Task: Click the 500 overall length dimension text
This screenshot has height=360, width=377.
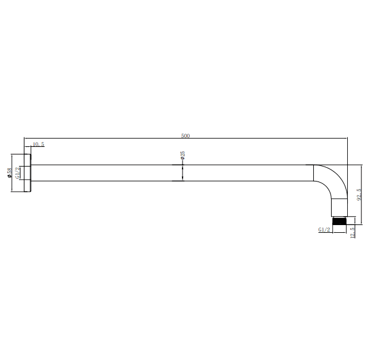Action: coord(186,136)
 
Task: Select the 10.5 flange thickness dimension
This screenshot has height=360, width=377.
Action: coord(38,144)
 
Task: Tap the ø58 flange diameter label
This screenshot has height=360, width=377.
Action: coord(8,173)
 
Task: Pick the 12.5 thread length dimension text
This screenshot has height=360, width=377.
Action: coord(353,232)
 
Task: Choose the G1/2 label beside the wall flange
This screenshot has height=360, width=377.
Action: coord(18,173)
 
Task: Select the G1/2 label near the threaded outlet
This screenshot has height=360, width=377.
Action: coord(325,229)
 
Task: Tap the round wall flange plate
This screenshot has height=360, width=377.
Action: coord(27,173)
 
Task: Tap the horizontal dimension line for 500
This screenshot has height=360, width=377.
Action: coord(119,139)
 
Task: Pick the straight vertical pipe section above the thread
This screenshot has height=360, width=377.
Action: coord(340,207)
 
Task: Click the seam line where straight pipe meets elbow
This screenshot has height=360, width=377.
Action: coord(314,173)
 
